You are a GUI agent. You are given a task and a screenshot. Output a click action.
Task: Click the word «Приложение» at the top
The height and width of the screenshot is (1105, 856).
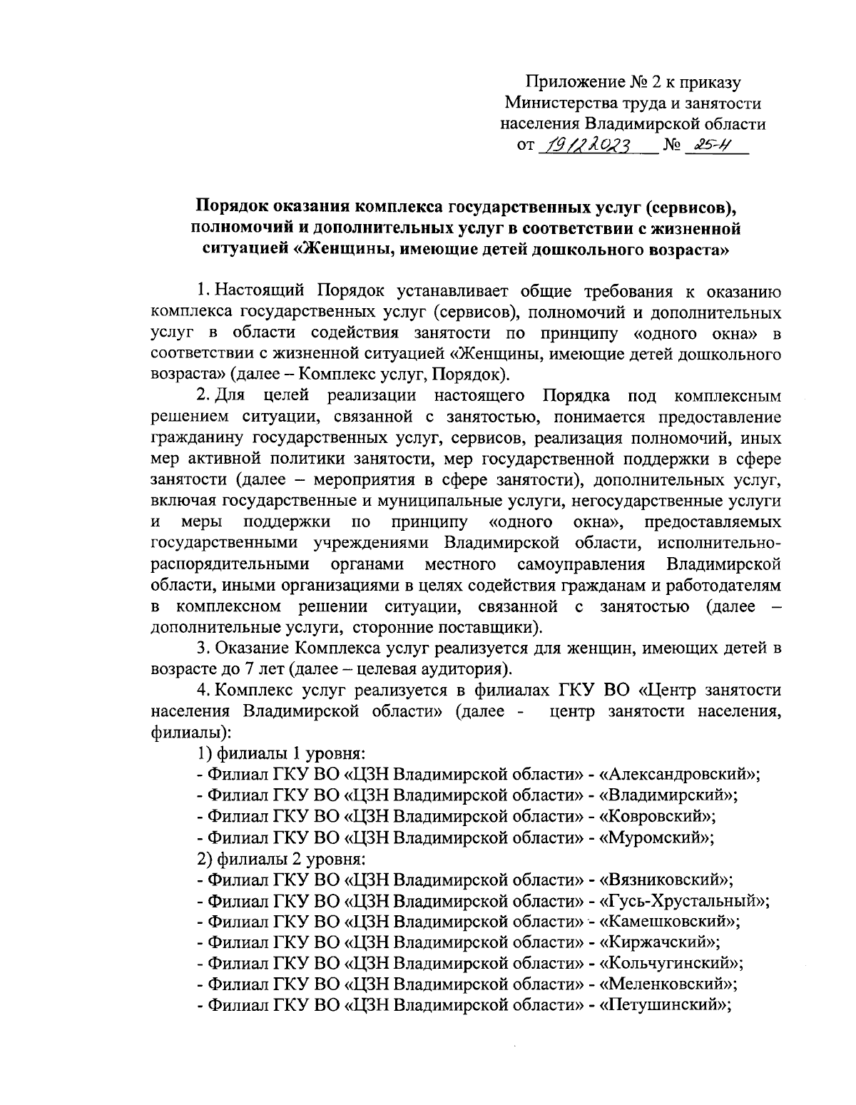[x=568, y=83]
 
